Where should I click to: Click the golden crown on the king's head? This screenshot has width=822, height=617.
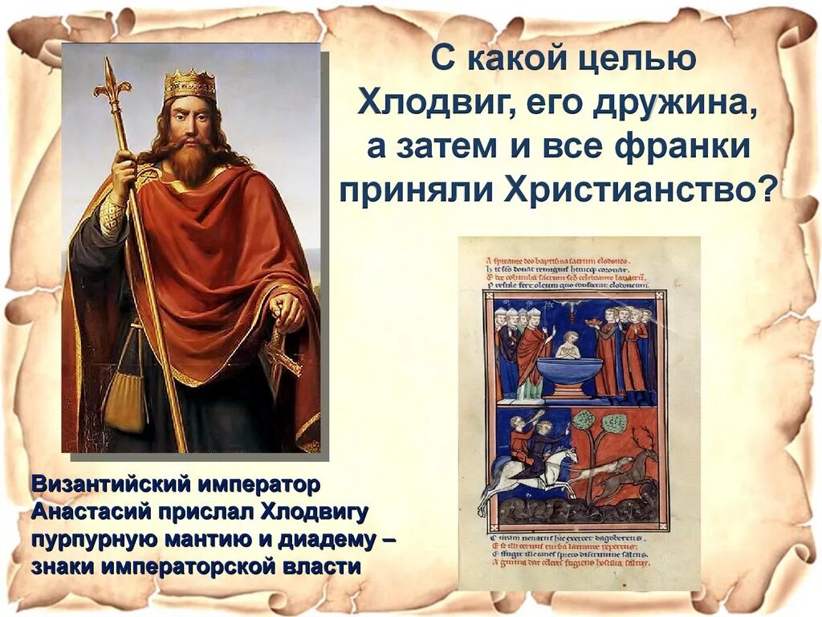pyautogui.click(x=190, y=84)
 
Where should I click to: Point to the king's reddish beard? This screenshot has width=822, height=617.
pyautogui.click(x=189, y=161)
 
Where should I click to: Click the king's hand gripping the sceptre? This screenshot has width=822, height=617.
pyautogui.click(x=125, y=174)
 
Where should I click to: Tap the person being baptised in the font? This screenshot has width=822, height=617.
pyautogui.click(x=569, y=344)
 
